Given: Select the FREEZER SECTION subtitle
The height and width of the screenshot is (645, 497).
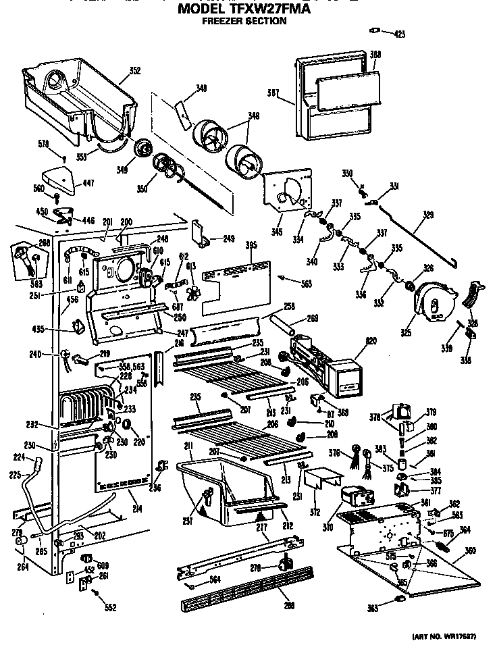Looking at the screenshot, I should click(244, 22).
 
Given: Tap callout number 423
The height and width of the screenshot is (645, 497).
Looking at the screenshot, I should click(400, 33).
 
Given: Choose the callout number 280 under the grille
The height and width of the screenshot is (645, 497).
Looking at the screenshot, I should click(290, 606).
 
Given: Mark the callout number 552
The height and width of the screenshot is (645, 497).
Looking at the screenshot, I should click(111, 607).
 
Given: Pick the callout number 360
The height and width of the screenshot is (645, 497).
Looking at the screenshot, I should click(470, 550).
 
